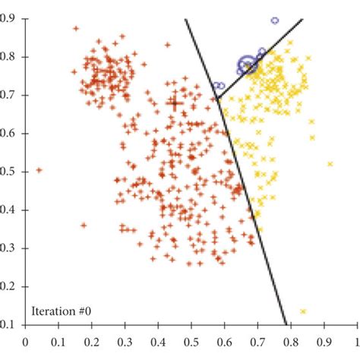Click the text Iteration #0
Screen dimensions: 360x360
tap(61, 310)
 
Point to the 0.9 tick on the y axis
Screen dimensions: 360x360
tap(12, 17)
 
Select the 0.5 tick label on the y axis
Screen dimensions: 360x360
tap(12, 171)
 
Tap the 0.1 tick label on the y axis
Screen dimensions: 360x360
tap(12, 324)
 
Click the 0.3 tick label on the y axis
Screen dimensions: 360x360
tap(12, 248)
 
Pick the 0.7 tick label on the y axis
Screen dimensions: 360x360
tap(12, 94)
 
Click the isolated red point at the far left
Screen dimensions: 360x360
tap(39, 170)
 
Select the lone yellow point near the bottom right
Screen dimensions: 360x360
tap(303, 311)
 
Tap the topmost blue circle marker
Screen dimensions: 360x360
tap(275, 21)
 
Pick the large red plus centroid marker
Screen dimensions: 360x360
tap(175, 103)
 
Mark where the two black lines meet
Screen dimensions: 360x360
tap(217, 99)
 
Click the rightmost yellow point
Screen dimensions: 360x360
tap(330, 163)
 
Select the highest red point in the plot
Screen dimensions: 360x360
tap(76, 29)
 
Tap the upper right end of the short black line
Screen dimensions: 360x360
tap(303, 19)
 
